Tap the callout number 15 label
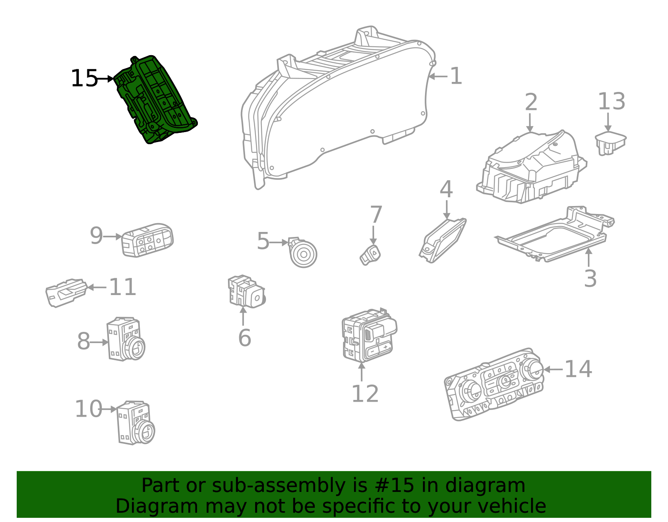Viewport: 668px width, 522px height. (84, 79)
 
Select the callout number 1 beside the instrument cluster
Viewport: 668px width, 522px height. (455, 76)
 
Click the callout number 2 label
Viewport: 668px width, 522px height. (531, 102)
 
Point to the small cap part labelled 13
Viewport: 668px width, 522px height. (610, 143)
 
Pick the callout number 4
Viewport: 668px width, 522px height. (446, 189)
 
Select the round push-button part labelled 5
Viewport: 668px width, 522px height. (304, 254)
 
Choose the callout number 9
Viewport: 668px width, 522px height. (96, 236)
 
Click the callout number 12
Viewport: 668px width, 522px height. (365, 394)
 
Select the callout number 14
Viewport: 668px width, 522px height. (578, 369)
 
